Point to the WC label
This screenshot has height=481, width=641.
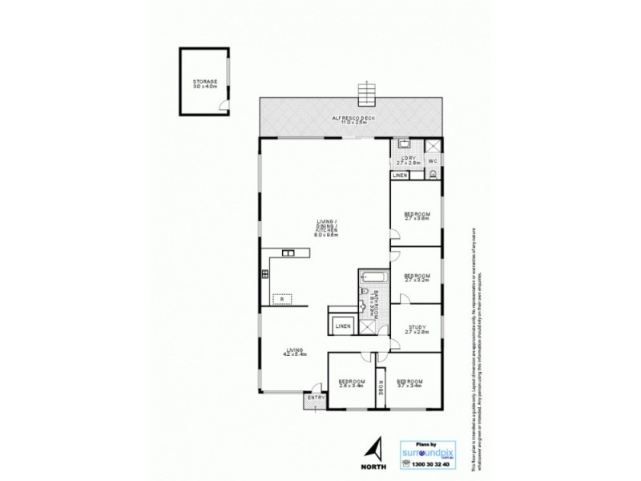433,160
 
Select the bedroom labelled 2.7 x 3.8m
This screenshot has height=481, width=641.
417,216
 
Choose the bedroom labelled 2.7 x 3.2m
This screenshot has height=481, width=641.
417,278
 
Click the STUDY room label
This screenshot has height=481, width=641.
417,329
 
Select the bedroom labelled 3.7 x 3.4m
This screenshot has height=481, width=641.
409,383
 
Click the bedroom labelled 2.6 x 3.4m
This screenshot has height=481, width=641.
350,383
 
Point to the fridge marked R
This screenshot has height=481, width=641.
282,300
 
